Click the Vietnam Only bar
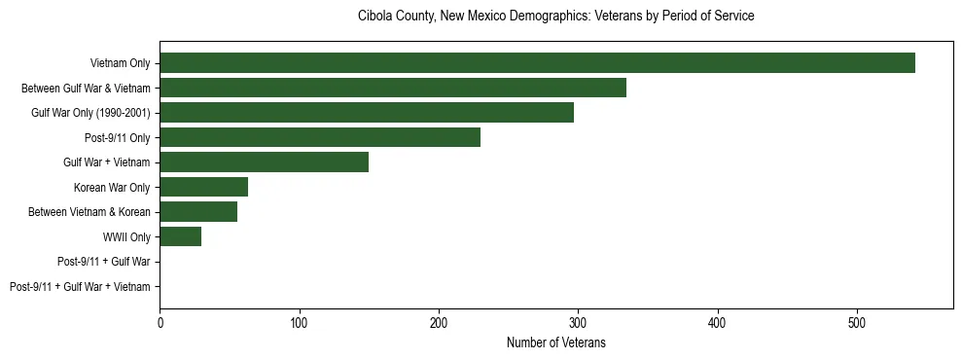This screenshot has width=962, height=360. coord(537,63)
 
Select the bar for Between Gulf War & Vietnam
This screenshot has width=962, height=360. coord(393,88)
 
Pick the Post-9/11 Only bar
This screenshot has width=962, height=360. coord(320,137)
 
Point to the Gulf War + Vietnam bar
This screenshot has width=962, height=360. coord(264,162)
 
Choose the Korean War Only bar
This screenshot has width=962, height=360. coord(203,187)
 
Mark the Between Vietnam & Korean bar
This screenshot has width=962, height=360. coord(198,212)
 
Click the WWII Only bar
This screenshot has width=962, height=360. coord(180,236)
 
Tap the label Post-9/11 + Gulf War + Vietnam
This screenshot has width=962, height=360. coord(80,287)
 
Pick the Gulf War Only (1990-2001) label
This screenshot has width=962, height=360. coord(90,113)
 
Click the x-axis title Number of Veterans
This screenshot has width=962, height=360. coord(555,342)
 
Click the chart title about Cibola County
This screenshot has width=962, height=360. coord(555,17)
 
